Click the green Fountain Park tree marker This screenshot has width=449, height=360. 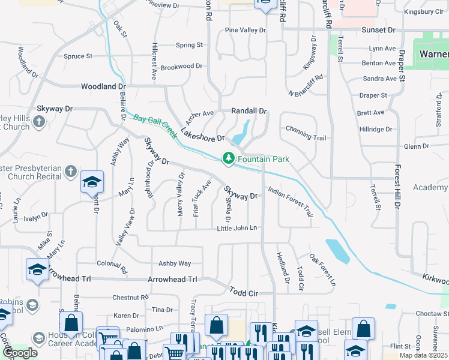coord(228,158)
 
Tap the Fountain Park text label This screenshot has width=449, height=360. coord(264,159)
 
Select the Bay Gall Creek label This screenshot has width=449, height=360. coord(155,126)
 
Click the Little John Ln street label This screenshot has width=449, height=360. coord(237,228)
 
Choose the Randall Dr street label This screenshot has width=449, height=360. coord(249,111)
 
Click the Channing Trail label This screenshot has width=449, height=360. coord(306,137)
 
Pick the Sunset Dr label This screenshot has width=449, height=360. coord(378,29)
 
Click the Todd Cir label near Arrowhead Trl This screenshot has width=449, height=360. coord(243,291)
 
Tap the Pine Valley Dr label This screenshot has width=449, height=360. coord(245,30)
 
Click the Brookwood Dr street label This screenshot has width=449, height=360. coord(182,66)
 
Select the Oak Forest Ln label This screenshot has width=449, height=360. coord(322,269)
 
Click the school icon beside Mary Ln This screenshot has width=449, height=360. coord(92,181)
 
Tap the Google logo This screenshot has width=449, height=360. coord(20,353)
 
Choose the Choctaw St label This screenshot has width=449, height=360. coord(428,313)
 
